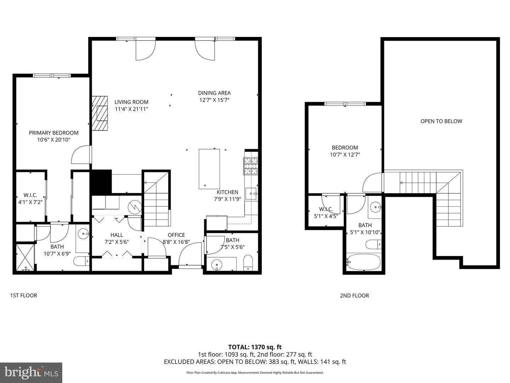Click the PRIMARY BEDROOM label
point(53,133)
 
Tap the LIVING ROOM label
point(131,102)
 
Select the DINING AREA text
point(214,93)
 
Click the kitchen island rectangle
point(209,169)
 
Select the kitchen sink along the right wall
point(251,194)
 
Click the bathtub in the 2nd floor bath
point(363,262)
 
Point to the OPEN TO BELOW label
point(441,121)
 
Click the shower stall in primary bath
point(24,257)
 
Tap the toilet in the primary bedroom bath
point(81,261)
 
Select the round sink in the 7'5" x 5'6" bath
point(216,264)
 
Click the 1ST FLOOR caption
point(23,295)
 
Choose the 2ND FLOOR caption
point(354,295)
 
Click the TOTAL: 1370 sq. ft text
point(255,347)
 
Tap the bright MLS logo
point(31,372)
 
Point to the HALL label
point(117,235)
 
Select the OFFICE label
point(176,235)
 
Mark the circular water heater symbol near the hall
point(135,207)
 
